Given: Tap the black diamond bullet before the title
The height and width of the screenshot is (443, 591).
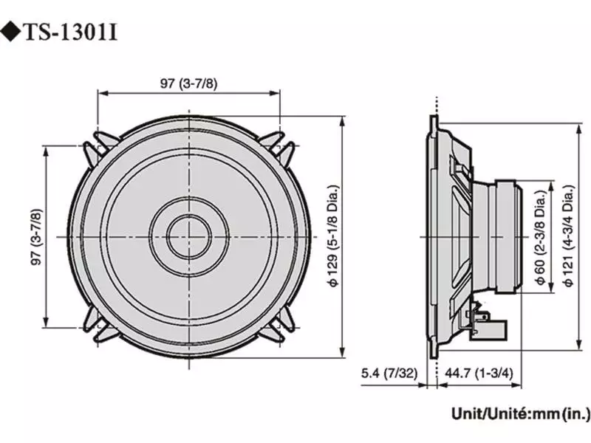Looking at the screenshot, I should click(x=13, y=32).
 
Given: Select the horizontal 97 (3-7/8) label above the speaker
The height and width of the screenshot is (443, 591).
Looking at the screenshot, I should click(x=189, y=83).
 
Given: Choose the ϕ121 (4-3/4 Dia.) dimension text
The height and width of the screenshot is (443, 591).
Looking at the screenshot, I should click(x=567, y=236).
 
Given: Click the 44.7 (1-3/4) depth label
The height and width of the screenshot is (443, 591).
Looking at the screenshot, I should click(x=474, y=374).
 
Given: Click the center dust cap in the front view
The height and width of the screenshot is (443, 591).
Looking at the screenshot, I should click(x=189, y=236).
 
